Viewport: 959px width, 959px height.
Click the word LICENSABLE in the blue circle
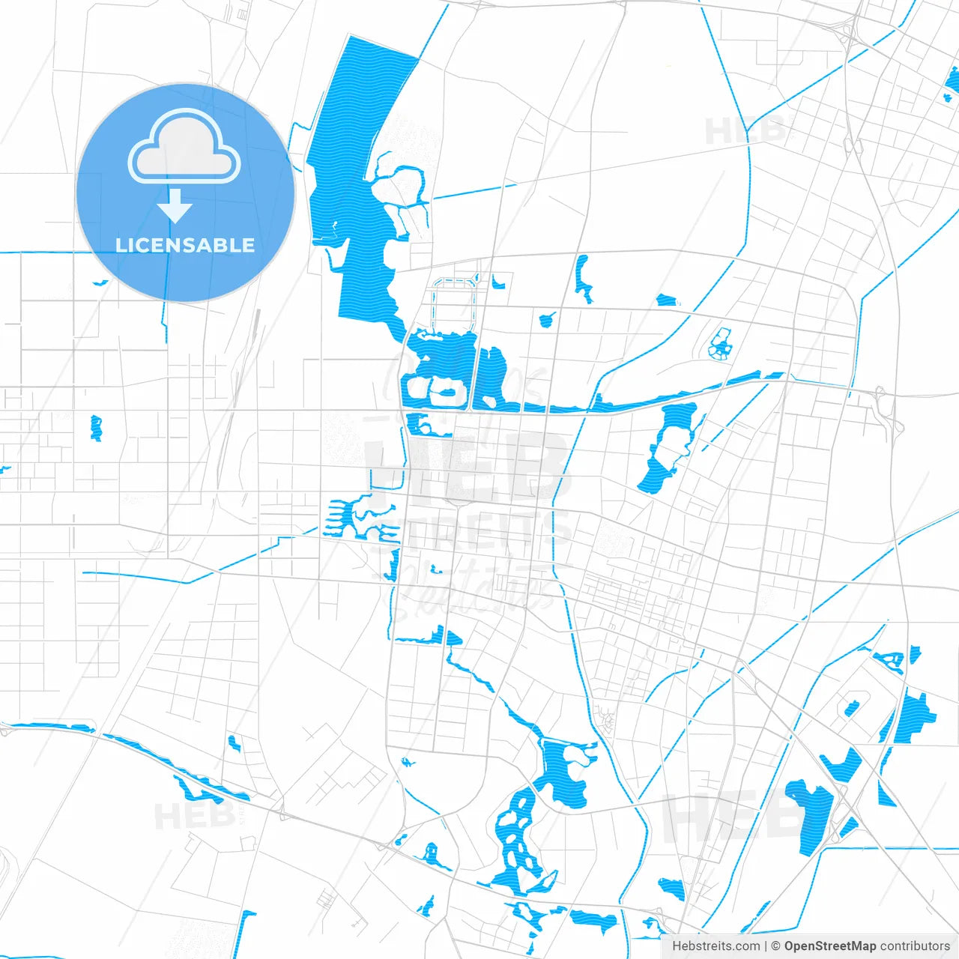pos(185,245)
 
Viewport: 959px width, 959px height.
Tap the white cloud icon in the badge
pos(184,148)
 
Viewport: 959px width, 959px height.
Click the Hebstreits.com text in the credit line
pos(716,946)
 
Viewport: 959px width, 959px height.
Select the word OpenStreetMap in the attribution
pos(829,946)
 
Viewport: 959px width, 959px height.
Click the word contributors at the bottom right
pos(915,946)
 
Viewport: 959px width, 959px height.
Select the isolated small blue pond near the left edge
pos(96,427)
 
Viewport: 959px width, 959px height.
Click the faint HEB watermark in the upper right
pos(745,131)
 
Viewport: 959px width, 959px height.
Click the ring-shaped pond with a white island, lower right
pos(851,708)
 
